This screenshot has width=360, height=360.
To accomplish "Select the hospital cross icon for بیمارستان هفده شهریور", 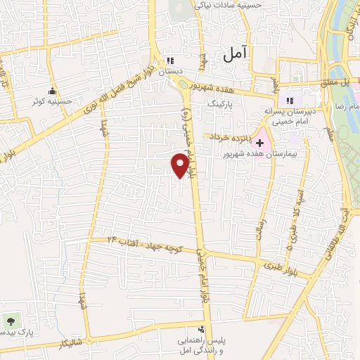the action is [259, 142].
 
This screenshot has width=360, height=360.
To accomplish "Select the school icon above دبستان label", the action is [169, 60].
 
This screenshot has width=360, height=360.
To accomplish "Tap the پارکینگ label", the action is [224, 103].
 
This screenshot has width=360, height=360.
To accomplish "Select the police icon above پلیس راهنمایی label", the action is [202, 329].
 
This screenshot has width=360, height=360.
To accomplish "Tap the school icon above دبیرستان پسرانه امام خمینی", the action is [290, 101].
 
